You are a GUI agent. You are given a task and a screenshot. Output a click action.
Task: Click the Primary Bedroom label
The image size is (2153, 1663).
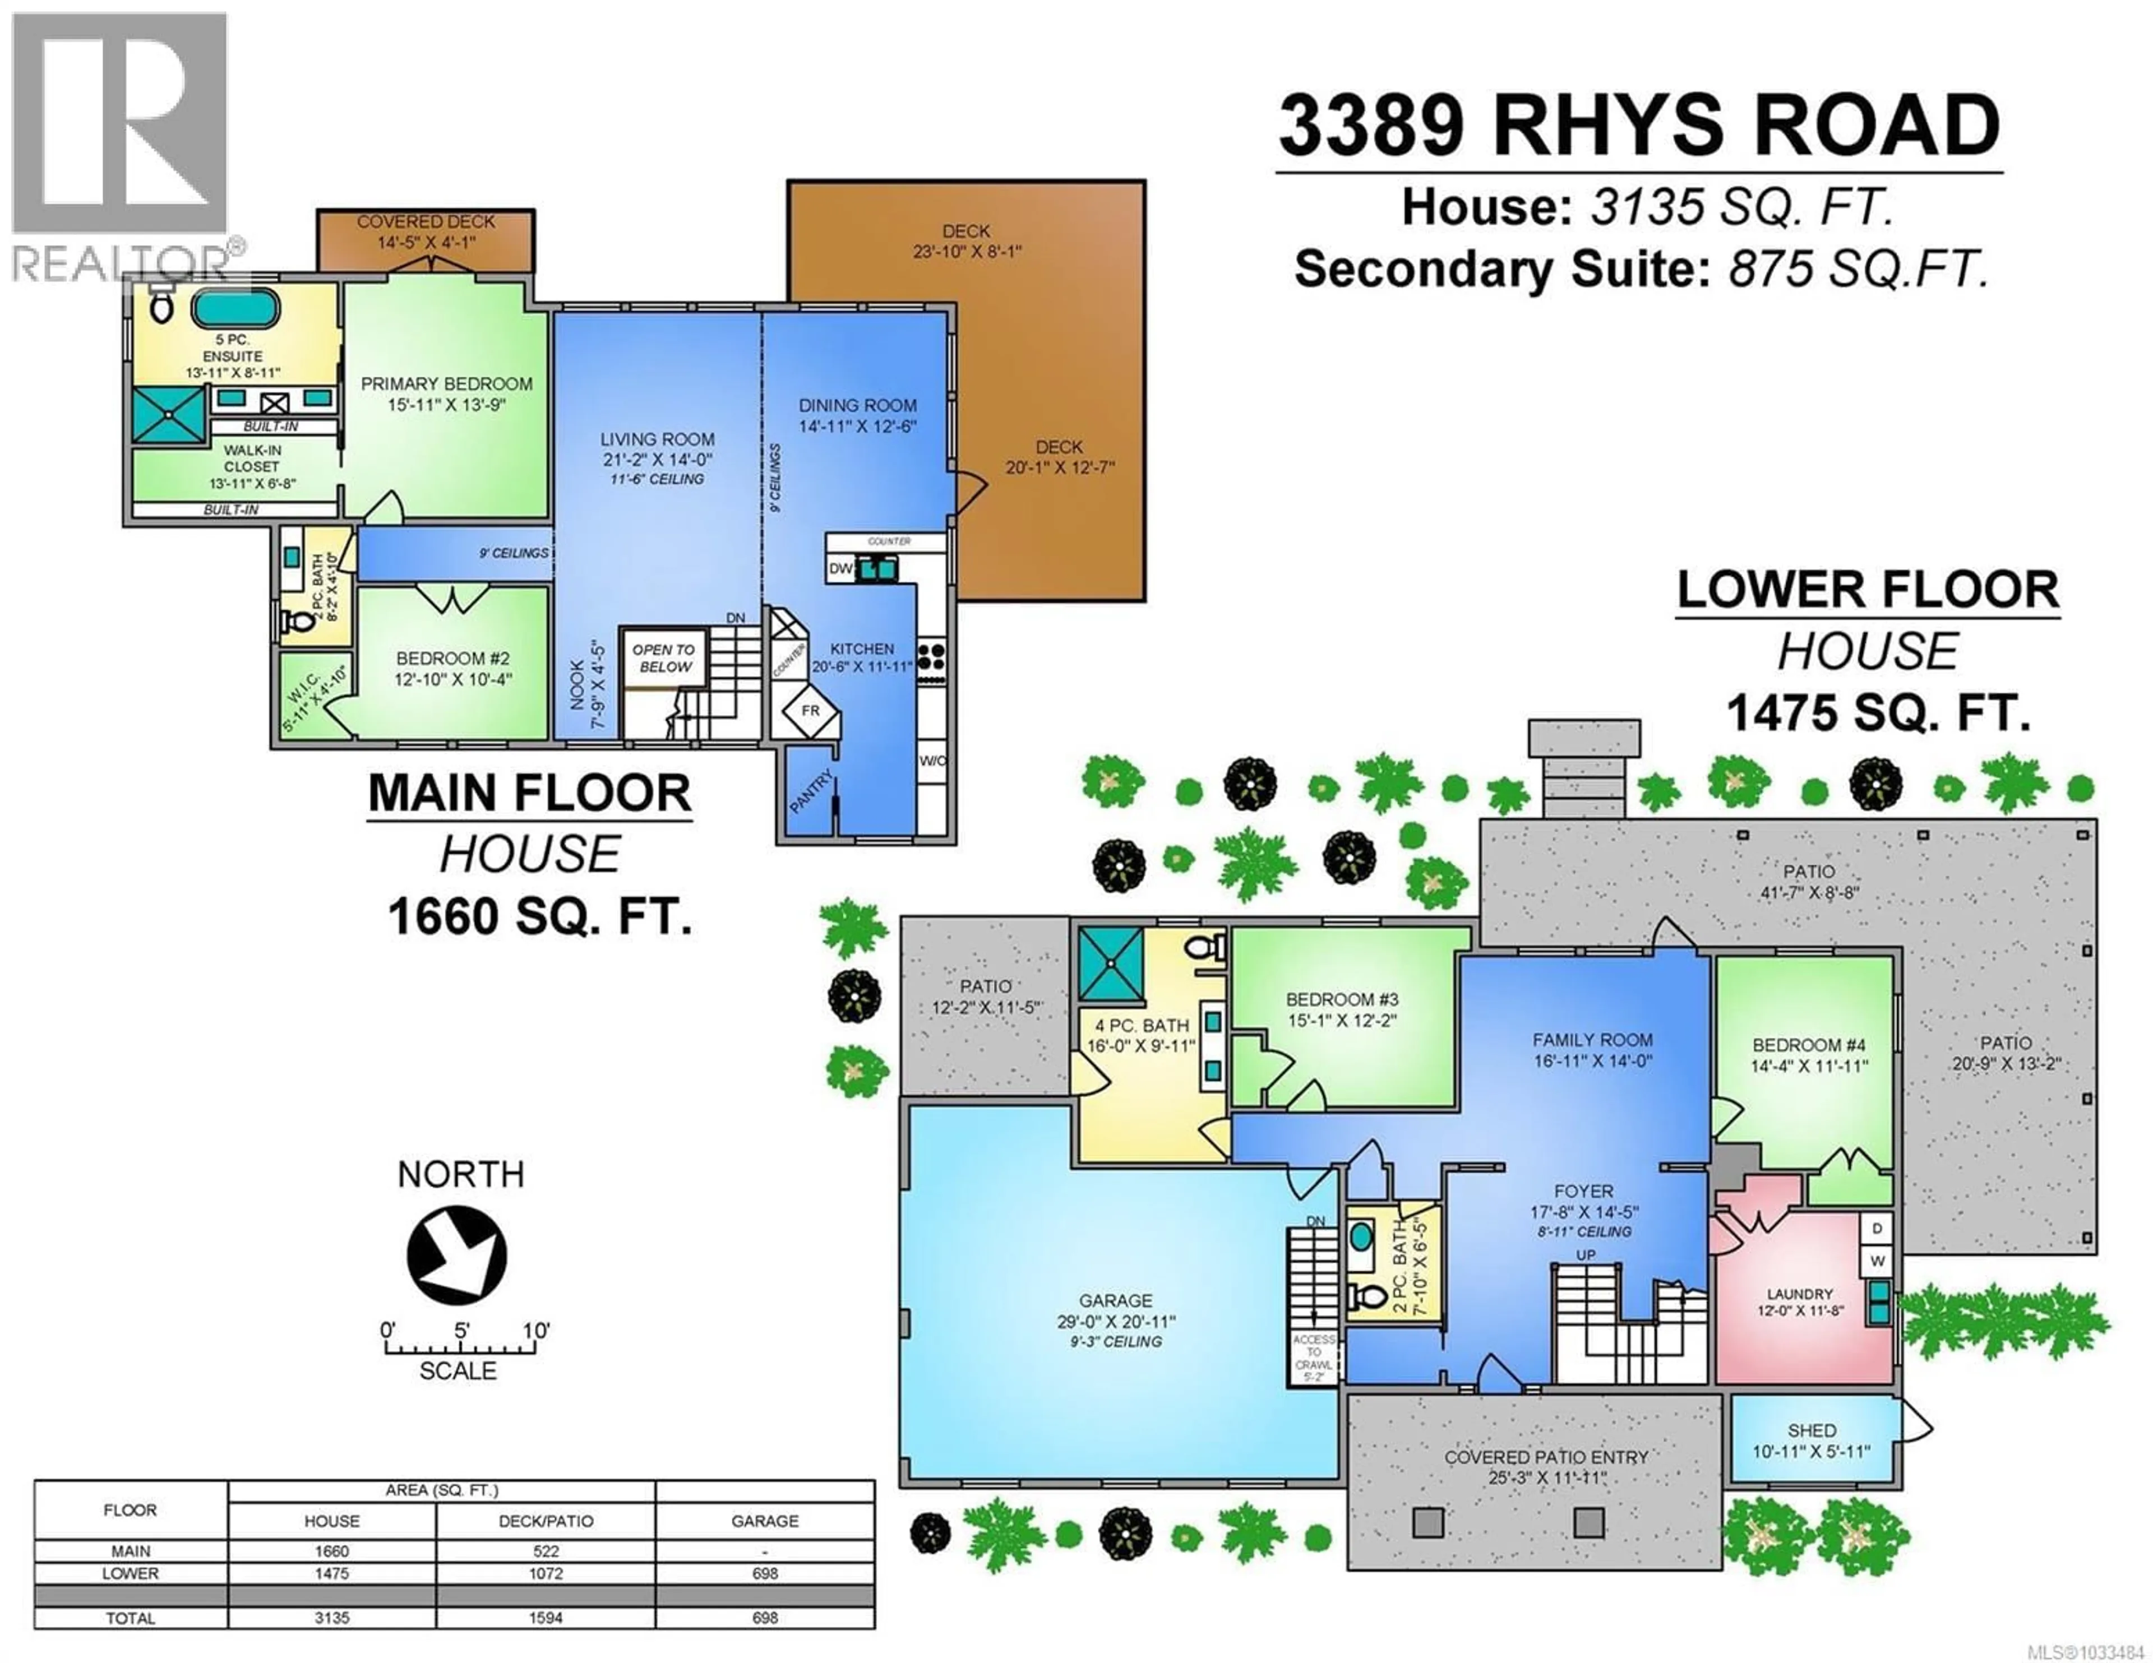(x=446, y=393)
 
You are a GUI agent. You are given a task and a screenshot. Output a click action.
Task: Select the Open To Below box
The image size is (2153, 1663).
(x=663, y=657)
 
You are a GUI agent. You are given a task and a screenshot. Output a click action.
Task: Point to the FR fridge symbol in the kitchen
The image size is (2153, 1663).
(x=810, y=711)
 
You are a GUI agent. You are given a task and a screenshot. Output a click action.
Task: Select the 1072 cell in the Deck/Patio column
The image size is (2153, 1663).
(x=545, y=1573)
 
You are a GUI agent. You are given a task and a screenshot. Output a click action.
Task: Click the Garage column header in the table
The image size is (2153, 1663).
(x=764, y=1521)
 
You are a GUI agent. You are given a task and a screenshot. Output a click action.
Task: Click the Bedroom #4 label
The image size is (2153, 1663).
(x=1809, y=1054)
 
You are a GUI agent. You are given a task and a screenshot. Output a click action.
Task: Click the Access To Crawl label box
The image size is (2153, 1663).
(x=1314, y=1358)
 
